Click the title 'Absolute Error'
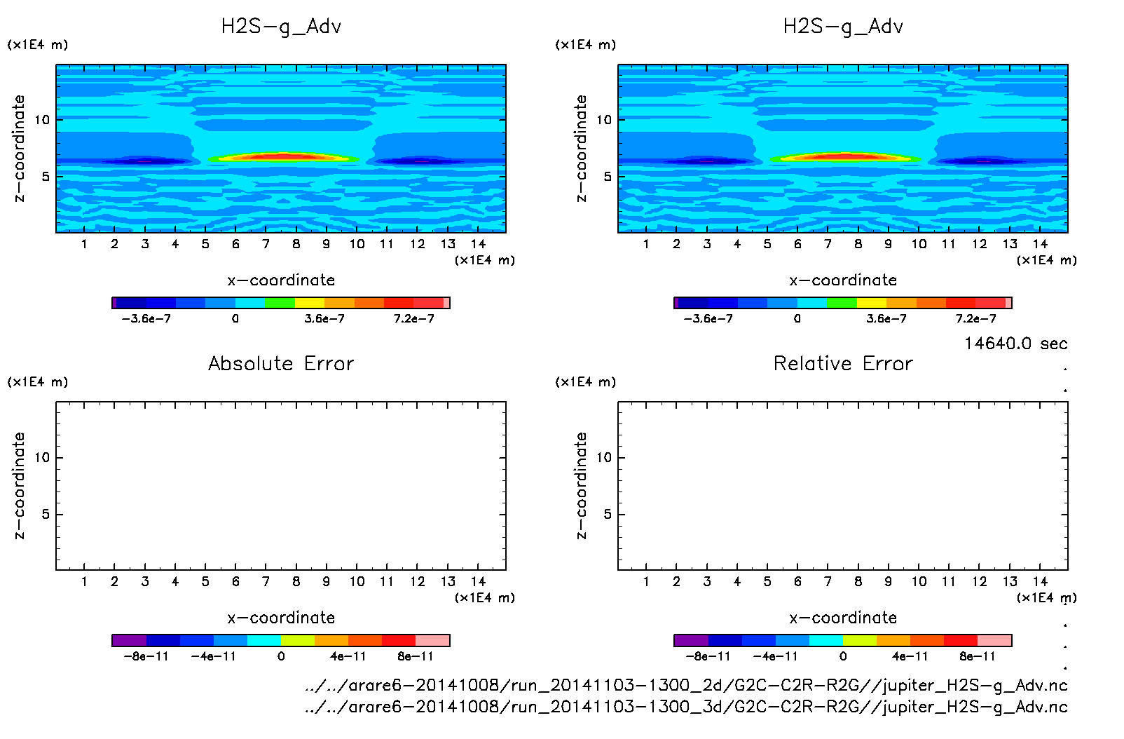[x=281, y=364]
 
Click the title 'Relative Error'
[x=843, y=364]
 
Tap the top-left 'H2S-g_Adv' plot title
[x=281, y=27]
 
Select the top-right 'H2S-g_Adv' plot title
[x=843, y=27]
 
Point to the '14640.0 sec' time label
[x=1015, y=344]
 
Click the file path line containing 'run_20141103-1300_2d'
[x=686, y=685]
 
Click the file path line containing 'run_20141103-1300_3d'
[x=686, y=707]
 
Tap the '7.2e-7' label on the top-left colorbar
[x=413, y=319]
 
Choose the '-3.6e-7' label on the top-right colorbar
[x=708, y=319]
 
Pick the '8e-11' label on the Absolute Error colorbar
[x=416, y=657]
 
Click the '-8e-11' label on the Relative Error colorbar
[x=708, y=657]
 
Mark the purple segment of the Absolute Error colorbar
[x=129, y=640]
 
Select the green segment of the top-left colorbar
[x=280, y=303]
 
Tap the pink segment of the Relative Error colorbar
[x=994, y=640]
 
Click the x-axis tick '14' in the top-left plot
[x=478, y=244]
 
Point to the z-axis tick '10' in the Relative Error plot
[x=604, y=458]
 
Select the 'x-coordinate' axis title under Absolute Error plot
[x=281, y=618]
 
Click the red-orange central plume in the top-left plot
[x=280, y=156]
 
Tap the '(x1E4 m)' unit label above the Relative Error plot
[x=585, y=382]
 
